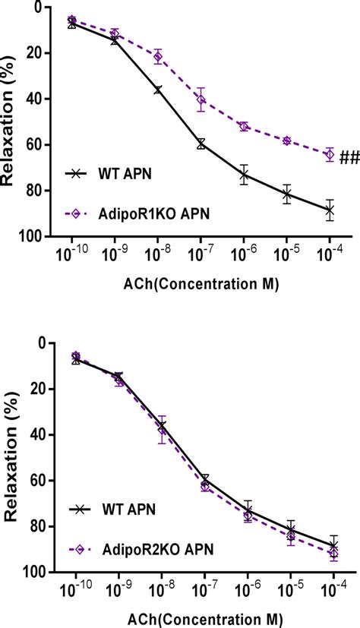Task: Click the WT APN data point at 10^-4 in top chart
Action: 330,210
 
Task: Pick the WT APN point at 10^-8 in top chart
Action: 158,90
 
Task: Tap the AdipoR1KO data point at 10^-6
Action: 244,126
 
